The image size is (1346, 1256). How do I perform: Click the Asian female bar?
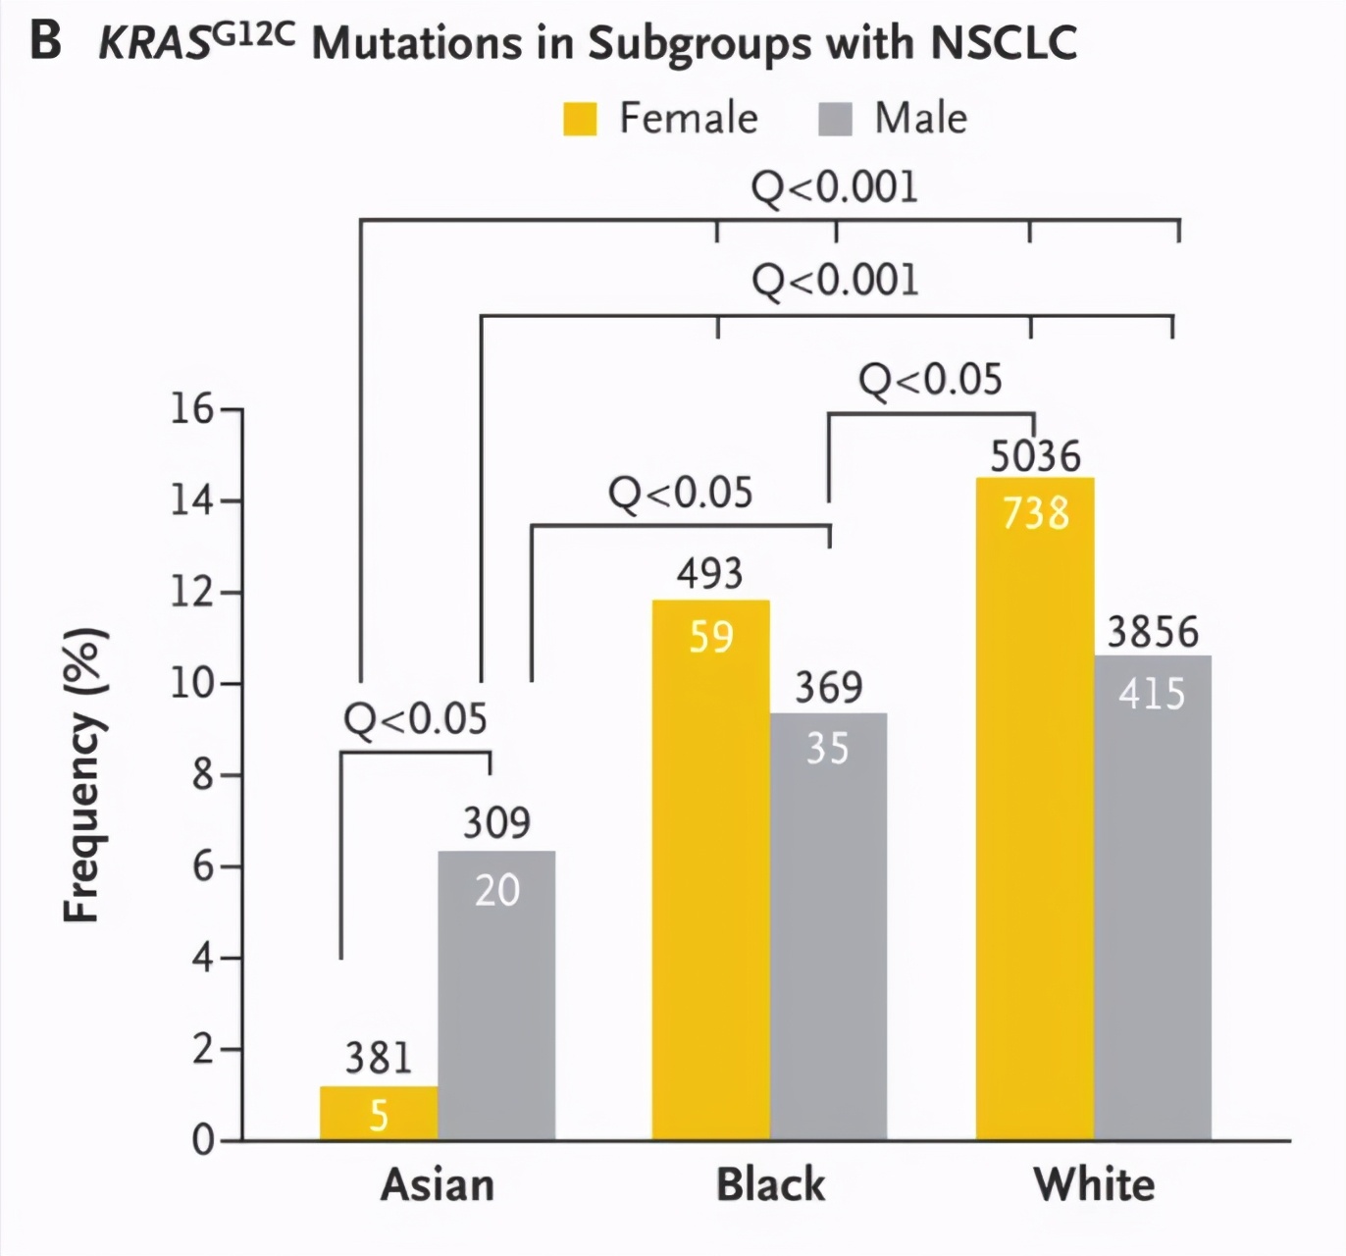pos(379,1113)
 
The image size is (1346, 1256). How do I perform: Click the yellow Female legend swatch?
pos(580,119)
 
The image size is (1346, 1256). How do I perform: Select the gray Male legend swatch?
pos(834,119)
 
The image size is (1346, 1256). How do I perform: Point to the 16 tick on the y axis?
pos(192,408)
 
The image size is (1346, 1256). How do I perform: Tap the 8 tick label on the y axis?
pos(201,775)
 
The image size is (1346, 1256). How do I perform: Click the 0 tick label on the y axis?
pos(202,1140)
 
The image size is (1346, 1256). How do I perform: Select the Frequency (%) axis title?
pos(82,775)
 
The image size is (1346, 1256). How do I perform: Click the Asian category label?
pos(438,1184)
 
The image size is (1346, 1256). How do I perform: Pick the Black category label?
pos(770,1184)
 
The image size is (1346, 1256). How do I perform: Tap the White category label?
pos(1094,1184)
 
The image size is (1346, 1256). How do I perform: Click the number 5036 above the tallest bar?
pos(1035,456)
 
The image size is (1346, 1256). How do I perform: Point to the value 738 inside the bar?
pos(1035,513)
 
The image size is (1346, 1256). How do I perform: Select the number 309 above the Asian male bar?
pos(496,822)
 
